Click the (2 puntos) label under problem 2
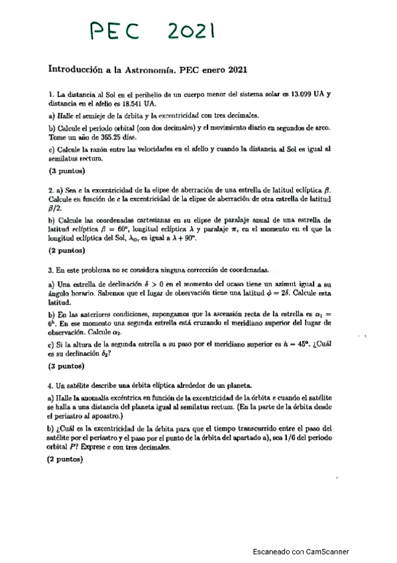(66, 252)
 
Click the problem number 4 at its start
(50, 384)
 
